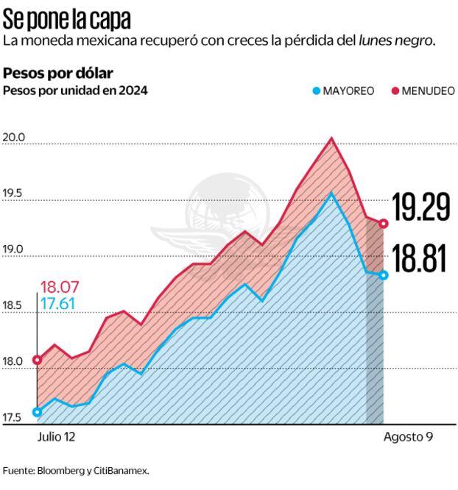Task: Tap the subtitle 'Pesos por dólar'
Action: point(58,74)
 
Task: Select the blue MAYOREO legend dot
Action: point(317,90)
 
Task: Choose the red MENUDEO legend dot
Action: point(394,90)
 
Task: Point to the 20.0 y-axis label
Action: point(15,138)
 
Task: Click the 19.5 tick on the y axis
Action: point(15,194)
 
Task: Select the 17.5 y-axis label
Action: point(15,419)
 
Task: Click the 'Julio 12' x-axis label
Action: point(56,436)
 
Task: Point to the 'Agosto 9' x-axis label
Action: point(408,436)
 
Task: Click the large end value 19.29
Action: point(420,208)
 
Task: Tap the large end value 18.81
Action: point(420,260)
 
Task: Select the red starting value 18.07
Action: point(60,287)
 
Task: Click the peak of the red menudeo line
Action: point(332,138)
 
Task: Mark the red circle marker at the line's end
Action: point(384,224)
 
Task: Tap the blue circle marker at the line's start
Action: point(37,412)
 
